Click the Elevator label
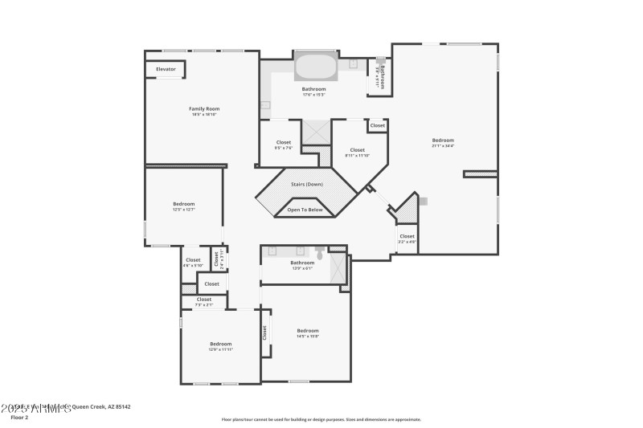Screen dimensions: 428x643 [x=166, y=70]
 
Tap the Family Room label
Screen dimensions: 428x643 [x=204, y=111]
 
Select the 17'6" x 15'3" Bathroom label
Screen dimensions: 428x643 [x=313, y=91]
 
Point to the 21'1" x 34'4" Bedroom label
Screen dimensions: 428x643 [x=443, y=142]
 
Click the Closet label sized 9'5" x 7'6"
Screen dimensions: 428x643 [x=284, y=145]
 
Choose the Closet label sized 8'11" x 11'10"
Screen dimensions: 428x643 [x=357, y=152]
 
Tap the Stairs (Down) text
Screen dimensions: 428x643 [x=306, y=185]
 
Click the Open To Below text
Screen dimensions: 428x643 [x=305, y=210]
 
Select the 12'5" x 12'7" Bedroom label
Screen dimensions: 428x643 [x=183, y=206]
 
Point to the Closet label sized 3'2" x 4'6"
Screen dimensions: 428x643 [x=407, y=238]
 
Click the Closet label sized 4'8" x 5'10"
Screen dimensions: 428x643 [x=193, y=262]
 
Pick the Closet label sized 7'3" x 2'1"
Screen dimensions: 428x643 [x=204, y=301]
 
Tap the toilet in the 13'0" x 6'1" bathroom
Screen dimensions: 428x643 [x=319, y=254]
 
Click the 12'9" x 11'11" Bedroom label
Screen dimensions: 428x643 [x=220, y=346]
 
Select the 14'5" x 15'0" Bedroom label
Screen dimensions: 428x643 [x=308, y=333]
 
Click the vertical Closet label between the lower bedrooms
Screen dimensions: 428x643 [x=264, y=332]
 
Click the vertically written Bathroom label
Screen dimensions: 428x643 [x=382, y=77]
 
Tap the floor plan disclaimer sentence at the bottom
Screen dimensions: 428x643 [x=321, y=419]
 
